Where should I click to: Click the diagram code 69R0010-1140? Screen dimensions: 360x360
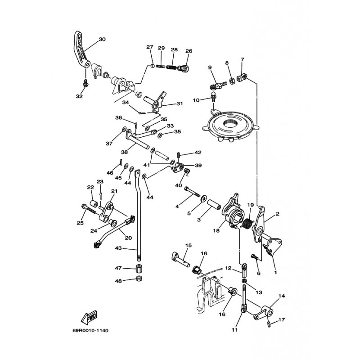[x=90, y=331]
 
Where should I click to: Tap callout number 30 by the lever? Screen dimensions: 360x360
[x=102, y=39]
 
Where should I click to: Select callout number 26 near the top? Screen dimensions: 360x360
[x=189, y=51]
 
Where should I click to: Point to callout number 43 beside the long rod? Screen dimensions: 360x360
[x=118, y=248]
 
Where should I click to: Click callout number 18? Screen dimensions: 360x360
[x=216, y=230]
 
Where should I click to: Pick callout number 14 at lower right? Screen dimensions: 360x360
[x=282, y=296]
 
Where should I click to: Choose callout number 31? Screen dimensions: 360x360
[x=180, y=104]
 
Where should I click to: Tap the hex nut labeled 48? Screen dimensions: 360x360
[x=139, y=279]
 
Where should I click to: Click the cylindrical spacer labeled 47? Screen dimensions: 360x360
[x=139, y=268]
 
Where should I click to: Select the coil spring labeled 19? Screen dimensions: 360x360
[x=247, y=222]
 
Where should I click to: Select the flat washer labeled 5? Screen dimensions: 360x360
[x=203, y=198]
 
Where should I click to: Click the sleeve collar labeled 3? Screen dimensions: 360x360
[x=214, y=204]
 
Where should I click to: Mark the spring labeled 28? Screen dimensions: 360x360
[x=171, y=67]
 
